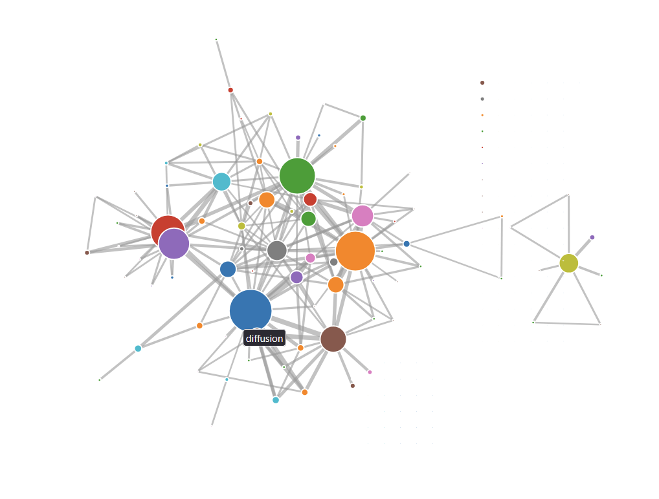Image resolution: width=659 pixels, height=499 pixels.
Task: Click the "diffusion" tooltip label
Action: point(264,338)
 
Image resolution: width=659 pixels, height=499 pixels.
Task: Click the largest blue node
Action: point(251,310)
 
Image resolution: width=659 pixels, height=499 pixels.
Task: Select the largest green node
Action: point(297,176)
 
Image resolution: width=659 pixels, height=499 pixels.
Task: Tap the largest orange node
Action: point(355,251)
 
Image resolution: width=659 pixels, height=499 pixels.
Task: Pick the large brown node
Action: point(333,339)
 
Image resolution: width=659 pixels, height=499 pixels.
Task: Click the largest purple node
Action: point(174,244)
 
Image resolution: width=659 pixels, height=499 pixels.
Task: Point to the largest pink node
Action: point(363,216)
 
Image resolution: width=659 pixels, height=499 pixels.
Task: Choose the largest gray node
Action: point(277,250)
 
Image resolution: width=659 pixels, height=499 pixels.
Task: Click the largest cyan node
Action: point(221,182)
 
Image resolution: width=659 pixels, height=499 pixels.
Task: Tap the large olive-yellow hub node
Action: point(568,263)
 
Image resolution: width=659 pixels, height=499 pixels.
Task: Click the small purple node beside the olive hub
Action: point(592,237)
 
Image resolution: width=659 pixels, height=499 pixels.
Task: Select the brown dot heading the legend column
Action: point(482,83)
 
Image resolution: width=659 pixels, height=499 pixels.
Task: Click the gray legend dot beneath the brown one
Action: point(482,99)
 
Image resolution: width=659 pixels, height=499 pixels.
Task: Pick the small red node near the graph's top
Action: point(230,90)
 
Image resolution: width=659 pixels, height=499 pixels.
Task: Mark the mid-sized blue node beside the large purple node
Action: point(228,269)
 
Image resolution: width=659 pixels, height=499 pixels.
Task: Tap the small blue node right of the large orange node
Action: point(407,244)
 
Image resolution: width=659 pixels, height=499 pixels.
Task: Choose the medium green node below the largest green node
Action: point(309,218)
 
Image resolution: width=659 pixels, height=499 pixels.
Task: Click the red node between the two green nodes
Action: point(310,199)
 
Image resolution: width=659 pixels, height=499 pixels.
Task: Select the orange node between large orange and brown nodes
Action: point(335,284)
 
